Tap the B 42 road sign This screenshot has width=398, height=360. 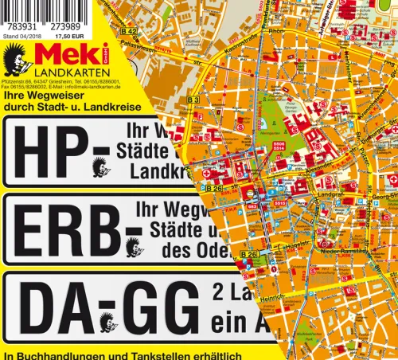(x=130, y=31)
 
